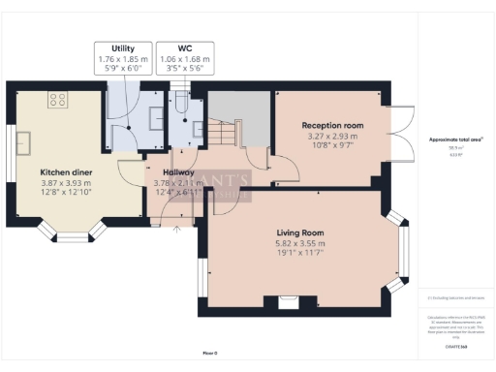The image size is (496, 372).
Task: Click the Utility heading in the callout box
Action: tap(123, 47)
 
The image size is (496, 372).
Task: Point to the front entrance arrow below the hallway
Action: tap(175, 230)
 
